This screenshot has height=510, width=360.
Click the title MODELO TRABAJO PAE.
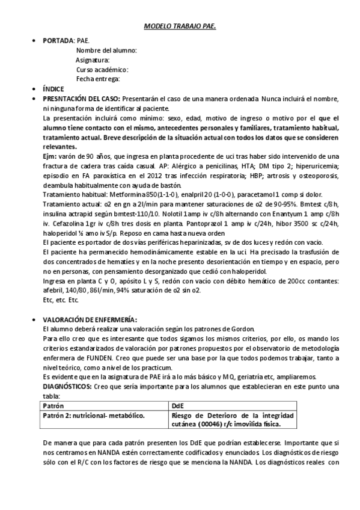pyautogui.click(x=180, y=27)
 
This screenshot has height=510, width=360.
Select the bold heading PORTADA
pyautogui.click(x=57, y=40)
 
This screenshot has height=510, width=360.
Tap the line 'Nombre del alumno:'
pyautogui.click(x=106, y=51)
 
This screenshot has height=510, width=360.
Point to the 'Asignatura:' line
pyautogui.click(x=93, y=60)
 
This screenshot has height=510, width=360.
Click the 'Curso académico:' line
pyautogui.click(x=102, y=70)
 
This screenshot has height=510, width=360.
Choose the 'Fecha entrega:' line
pyautogui.click(x=98, y=79)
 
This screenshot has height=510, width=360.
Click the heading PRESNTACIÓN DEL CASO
pyautogui.click(x=81, y=98)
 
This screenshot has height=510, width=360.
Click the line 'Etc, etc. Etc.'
pyautogui.click(x=61, y=300)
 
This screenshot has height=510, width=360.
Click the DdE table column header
pyautogui.click(x=178, y=405)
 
